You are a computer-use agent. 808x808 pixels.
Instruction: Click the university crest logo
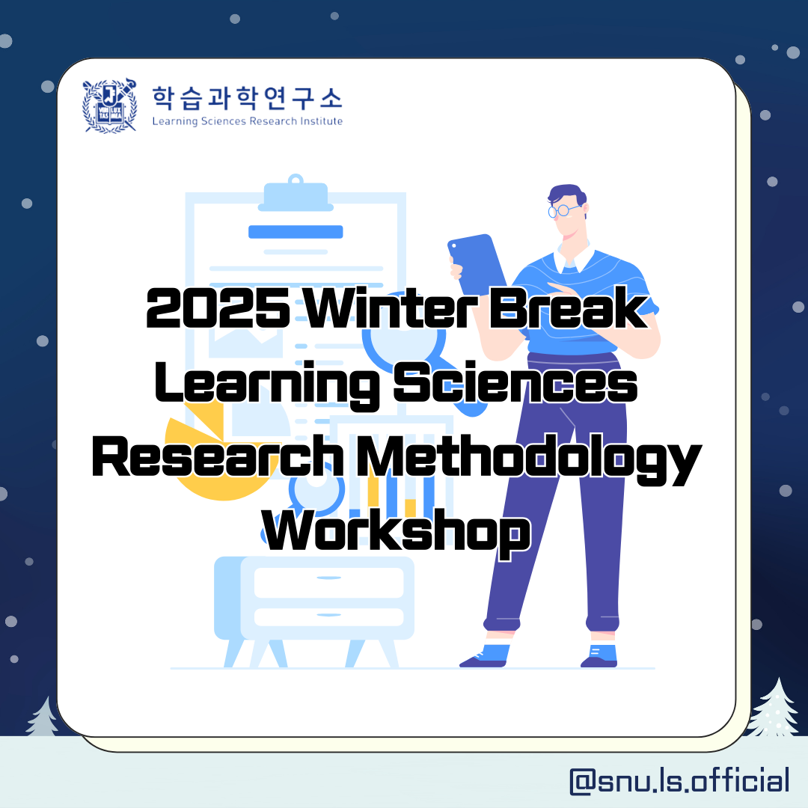[110, 105]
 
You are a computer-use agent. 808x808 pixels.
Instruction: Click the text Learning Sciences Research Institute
[248, 122]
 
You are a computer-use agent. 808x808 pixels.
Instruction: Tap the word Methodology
[529, 459]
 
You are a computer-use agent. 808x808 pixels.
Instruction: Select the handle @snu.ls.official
[679, 780]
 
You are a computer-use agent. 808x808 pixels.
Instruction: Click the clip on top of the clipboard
[296, 195]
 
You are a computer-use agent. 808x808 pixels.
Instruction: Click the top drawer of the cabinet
[328, 582]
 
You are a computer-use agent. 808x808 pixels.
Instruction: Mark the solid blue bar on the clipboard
[296, 232]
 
